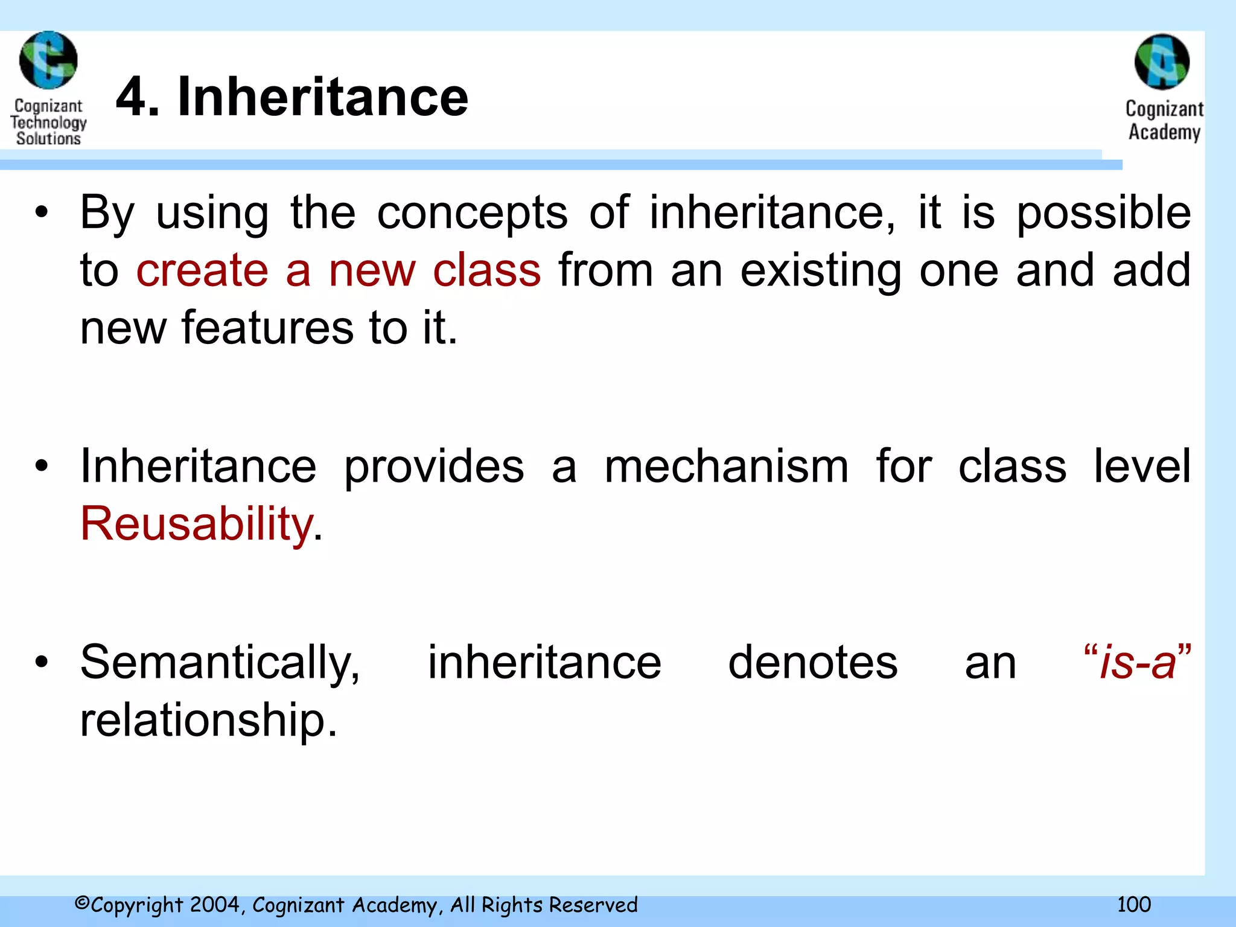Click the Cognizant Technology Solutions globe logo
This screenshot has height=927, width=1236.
pos(48,60)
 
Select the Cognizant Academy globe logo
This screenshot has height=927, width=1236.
pos(1162,62)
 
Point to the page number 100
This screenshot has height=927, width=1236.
pos(1133,904)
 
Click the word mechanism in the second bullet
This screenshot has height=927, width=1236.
pos(727,467)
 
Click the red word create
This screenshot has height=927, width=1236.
pos(202,270)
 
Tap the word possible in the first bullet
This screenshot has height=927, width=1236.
pos(1103,214)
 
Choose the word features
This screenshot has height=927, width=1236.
pos(267,328)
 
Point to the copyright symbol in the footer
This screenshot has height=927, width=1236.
pos(82,903)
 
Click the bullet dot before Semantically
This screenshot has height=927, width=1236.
pos(41,663)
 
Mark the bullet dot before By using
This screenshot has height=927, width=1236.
pos(41,212)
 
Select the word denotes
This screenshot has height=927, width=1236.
pos(812,663)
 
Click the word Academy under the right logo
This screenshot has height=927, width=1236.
pos(1164,132)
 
